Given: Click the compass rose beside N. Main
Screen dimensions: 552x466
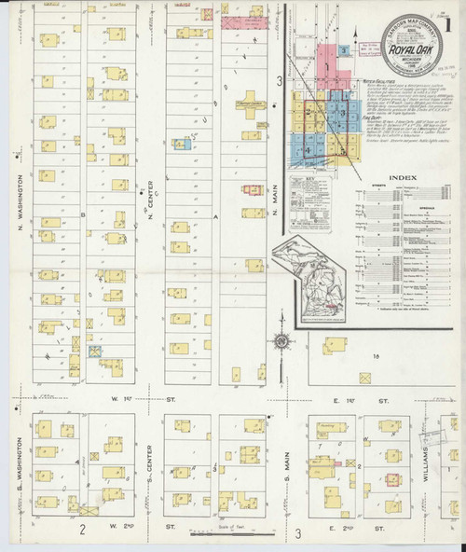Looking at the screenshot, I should coord(281,341).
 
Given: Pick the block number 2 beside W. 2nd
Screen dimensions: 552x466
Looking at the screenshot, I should coord(83,531).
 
